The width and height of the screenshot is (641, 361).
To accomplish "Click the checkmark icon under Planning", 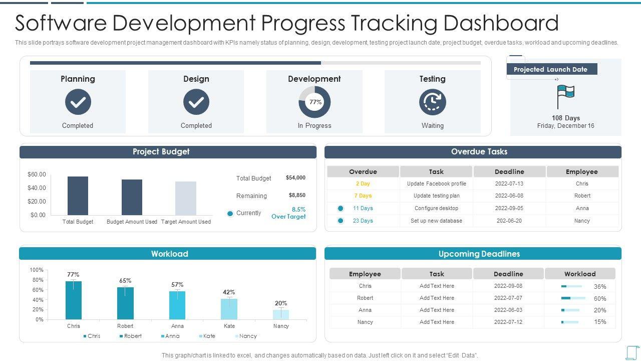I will tap(78, 102).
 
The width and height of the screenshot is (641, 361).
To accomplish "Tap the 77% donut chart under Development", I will tap(314, 102).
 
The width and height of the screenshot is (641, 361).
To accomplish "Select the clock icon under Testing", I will tap(432, 102).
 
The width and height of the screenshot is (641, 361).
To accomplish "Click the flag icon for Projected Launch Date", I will tap(565, 96).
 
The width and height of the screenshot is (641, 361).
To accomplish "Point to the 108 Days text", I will tap(565, 118).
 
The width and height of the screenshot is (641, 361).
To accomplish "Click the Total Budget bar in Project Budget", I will tap(78, 196).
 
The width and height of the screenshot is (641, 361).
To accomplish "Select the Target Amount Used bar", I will tap(186, 198).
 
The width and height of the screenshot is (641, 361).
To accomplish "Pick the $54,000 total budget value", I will tap(295, 178).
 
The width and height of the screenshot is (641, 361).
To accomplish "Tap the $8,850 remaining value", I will tap(297, 196).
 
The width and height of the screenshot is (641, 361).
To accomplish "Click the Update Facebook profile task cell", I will tap(436, 184).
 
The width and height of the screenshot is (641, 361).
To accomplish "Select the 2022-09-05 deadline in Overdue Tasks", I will tap(509, 209).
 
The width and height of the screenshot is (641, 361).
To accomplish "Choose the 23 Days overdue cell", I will tap(363, 221).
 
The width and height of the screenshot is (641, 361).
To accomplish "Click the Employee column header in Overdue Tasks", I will tap(582, 172).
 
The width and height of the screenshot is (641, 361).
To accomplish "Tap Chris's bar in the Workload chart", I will tap(74, 300).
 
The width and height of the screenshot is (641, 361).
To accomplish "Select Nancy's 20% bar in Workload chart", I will tap(281, 314).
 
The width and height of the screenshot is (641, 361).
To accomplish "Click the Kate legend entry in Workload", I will tap(207, 336).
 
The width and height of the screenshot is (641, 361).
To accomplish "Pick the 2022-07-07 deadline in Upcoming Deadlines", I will tap(508, 298).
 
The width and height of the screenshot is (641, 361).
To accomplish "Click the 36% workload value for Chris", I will tap(600, 287).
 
